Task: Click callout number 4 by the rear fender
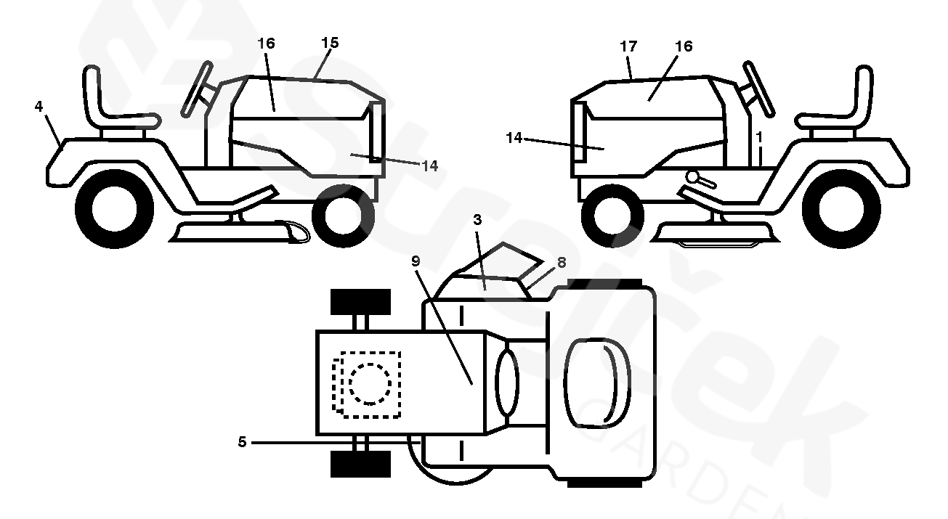[x=39, y=107]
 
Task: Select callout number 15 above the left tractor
[x=330, y=43]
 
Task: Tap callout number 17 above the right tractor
[x=628, y=46]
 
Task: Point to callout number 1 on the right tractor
[x=759, y=137]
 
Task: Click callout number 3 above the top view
[x=477, y=220]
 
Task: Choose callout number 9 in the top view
[x=416, y=261]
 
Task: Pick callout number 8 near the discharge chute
[x=562, y=263]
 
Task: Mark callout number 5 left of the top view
[x=242, y=442]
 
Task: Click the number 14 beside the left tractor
[x=430, y=165]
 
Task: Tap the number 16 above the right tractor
[x=684, y=46]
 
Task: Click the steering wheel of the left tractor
[x=197, y=89]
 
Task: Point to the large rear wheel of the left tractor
[x=114, y=208]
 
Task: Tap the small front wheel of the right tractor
[x=612, y=216]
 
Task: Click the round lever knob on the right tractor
[x=693, y=177]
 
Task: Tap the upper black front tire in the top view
[x=360, y=302]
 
